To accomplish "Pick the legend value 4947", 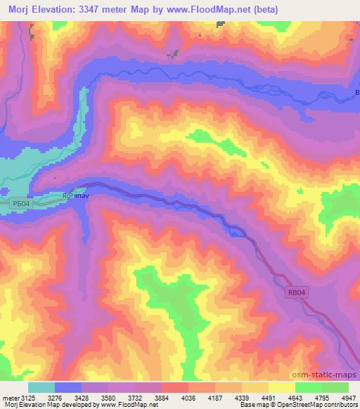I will tap(348, 398).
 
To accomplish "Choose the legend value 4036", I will tap(188, 398).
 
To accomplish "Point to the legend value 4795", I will tap(321, 398).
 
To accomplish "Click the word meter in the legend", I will tap(11, 398).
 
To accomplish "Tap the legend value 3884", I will tap(161, 398).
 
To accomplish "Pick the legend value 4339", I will tap(241, 398).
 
